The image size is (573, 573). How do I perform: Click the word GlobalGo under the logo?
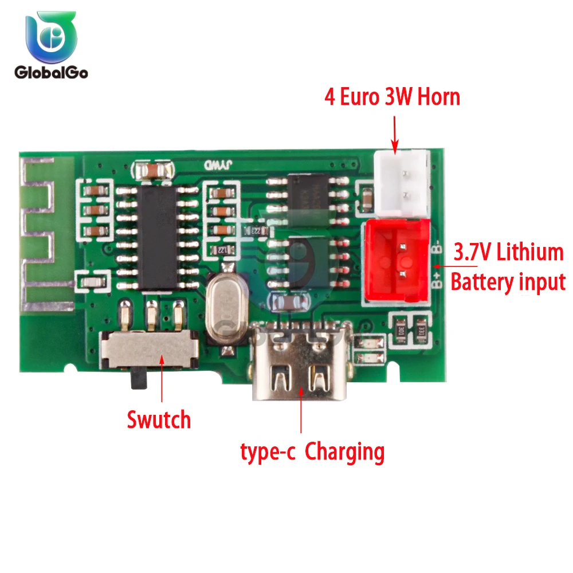(50, 73)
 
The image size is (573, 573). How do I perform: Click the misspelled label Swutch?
(158, 420)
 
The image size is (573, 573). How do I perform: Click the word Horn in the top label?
(438, 97)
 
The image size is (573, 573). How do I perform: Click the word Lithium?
(530, 252)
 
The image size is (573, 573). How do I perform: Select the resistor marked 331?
(422, 330)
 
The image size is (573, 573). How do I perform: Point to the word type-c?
(267, 453)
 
